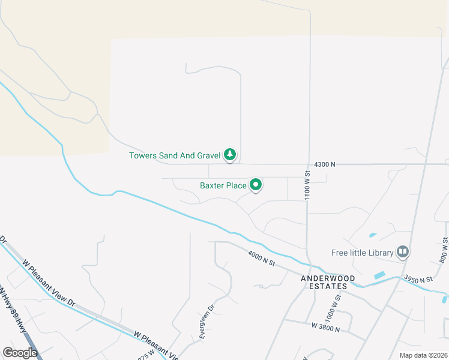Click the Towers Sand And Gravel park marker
point(229,155)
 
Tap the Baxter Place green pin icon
point(256,185)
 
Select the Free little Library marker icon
point(403,252)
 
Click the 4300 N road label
point(325,164)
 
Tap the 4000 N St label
point(261,259)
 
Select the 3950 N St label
point(418,279)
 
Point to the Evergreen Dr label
point(207,324)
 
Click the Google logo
point(20,352)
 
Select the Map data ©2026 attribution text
point(423,355)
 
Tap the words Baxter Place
point(223,185)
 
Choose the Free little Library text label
point(363,253)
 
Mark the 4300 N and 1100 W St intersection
point(309,164)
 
